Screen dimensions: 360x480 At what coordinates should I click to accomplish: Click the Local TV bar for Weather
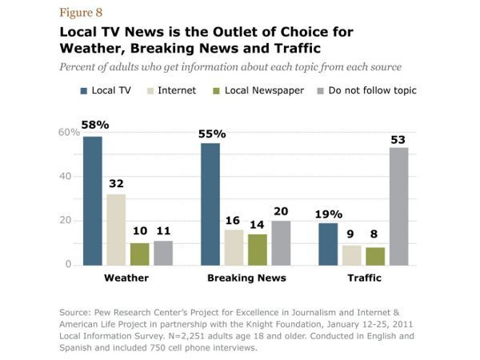point(92,200)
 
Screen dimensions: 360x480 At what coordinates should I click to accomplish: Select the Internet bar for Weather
point(116,229)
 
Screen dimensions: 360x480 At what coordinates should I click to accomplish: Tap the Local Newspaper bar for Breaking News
point(258,249)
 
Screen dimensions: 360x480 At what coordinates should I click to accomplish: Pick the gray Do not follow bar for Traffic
point(398,206)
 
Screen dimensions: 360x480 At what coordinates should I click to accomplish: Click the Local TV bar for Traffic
point(328,243)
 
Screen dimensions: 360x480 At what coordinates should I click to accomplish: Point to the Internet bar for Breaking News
point(234,246)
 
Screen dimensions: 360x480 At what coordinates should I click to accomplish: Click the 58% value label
point(94,126)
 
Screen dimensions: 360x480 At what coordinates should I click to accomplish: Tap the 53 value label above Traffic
point(398,139)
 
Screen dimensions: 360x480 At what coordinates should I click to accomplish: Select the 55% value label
point(212,134)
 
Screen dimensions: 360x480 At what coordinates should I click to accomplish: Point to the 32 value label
point(116,185)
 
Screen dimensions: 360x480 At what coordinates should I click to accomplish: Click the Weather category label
point(127,278)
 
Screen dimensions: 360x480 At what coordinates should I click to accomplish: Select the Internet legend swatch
point(150,91)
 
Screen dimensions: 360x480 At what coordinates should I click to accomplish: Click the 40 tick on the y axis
point(66,176)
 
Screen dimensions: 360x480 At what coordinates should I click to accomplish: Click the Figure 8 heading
point(80,14)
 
